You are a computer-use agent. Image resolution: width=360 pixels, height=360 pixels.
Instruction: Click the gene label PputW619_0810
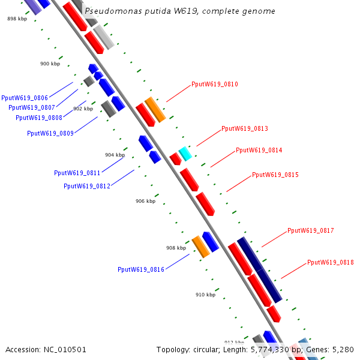214,85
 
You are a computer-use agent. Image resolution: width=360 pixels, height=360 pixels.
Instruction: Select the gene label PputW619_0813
244,129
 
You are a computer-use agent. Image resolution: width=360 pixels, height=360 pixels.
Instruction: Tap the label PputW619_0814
259,151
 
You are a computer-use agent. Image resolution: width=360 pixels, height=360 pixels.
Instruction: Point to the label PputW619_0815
275,175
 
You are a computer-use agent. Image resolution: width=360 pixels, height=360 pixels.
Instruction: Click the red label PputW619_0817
310,231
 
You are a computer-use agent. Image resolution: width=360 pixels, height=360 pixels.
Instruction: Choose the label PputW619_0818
330,263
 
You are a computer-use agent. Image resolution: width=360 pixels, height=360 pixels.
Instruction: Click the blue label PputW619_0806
25,98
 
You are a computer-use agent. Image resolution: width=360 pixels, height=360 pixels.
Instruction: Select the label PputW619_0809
50,133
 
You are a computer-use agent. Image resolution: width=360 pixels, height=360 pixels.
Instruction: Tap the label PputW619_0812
87,187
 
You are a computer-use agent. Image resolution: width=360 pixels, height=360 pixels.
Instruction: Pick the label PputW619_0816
141,270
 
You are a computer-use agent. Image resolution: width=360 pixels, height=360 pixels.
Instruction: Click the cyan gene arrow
185,154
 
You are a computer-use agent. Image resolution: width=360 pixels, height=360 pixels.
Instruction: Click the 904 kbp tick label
115,155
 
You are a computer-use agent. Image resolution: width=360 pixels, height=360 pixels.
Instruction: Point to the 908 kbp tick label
176,248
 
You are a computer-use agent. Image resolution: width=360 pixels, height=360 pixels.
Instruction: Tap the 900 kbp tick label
50,64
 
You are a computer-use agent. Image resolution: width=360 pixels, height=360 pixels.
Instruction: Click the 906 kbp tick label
145,202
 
